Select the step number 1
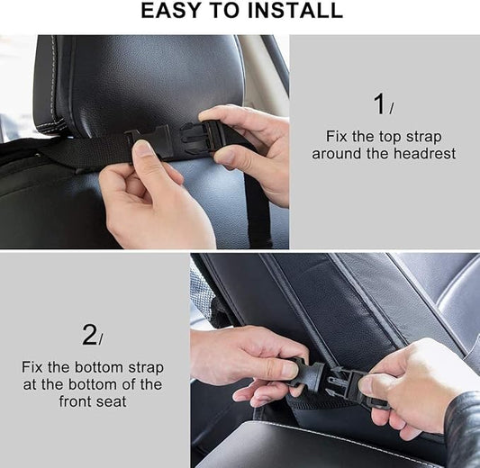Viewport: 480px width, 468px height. [380, 103]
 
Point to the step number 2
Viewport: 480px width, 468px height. [89, 335]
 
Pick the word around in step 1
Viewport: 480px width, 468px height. [345, 154]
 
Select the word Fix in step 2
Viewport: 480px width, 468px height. [35, 367]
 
